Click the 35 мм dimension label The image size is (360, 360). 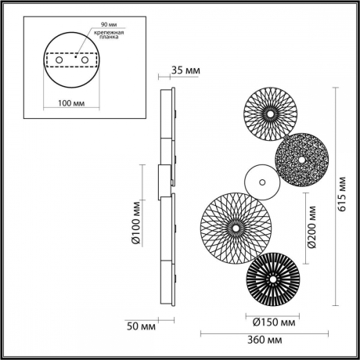point(185,71)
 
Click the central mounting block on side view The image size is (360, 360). point(164,181)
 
